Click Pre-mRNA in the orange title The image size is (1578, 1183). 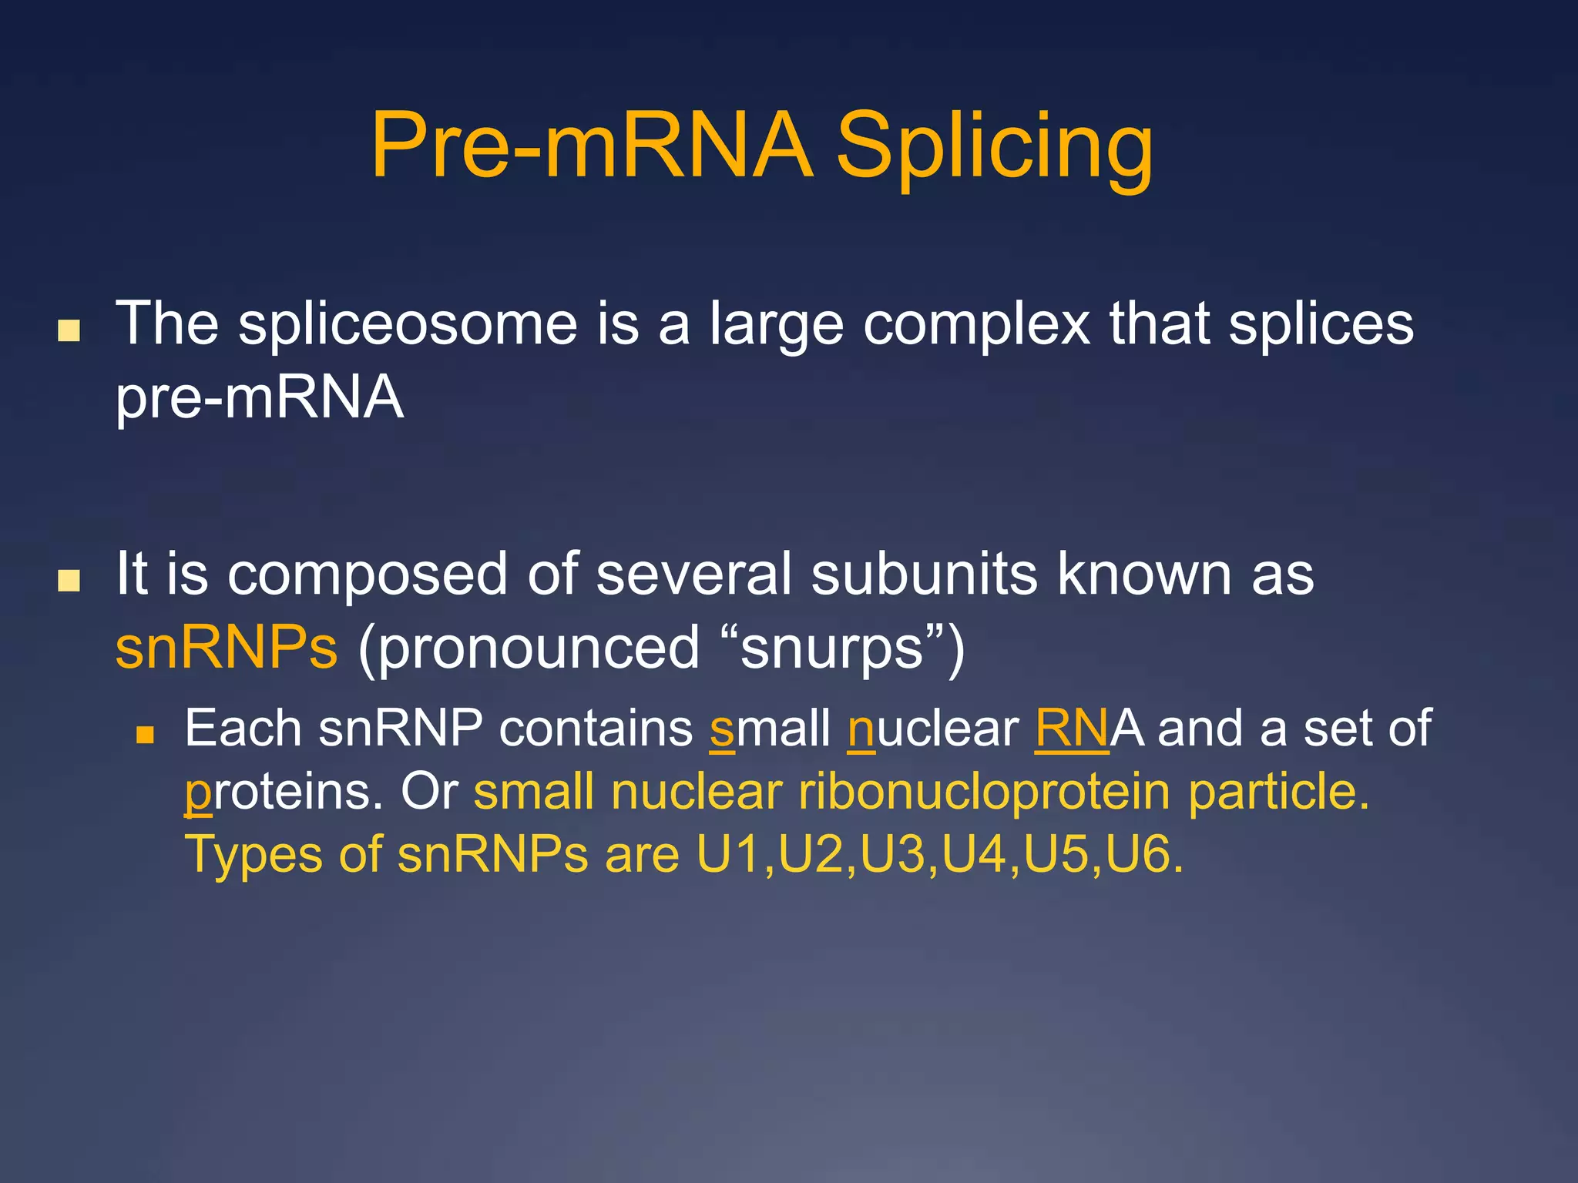point(591,146)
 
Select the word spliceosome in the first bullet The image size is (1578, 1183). point(408,324)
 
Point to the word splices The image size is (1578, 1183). point(1321,324)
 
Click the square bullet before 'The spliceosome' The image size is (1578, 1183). point(69,330)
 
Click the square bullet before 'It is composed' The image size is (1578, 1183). point(69,580)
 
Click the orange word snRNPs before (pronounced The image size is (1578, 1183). point(227,648)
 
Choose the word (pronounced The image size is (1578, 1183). point(529,648)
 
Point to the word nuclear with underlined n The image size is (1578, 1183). point(932,729)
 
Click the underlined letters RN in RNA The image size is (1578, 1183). point(1071,729)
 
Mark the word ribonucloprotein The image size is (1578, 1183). point(984,792)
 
